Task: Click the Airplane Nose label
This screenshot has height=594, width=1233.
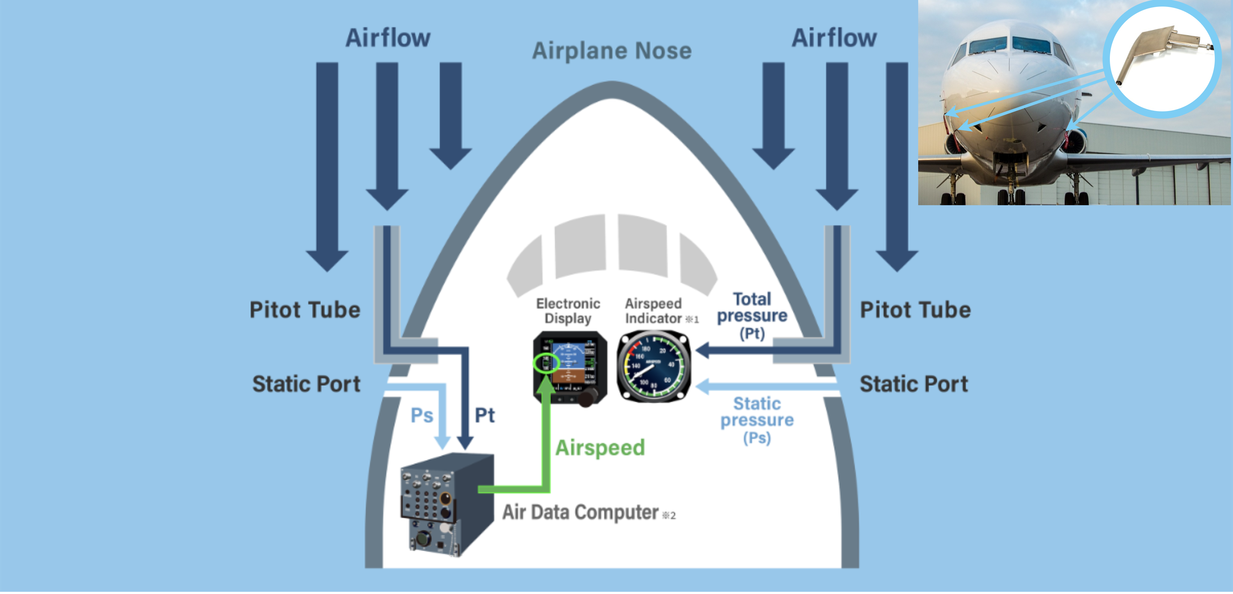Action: tap(612, 51)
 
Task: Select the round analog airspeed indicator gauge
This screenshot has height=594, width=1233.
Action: tap(654, 366)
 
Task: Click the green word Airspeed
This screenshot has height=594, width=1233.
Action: tap(600, 448)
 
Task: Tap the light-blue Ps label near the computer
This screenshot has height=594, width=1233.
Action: tap(422, 416)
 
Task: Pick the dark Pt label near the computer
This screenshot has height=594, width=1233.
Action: tap(484, 416)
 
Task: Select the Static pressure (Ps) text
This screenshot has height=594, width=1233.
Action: tap(757, 420)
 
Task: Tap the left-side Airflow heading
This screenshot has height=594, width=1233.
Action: tap(388, 38)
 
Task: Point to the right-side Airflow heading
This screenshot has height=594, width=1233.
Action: tap(834, 38)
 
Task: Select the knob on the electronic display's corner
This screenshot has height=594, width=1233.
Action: tap(588, 397)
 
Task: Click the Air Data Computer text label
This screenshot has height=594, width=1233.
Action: tap(580, 512)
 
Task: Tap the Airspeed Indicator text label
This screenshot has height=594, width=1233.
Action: tap(654, 311)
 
